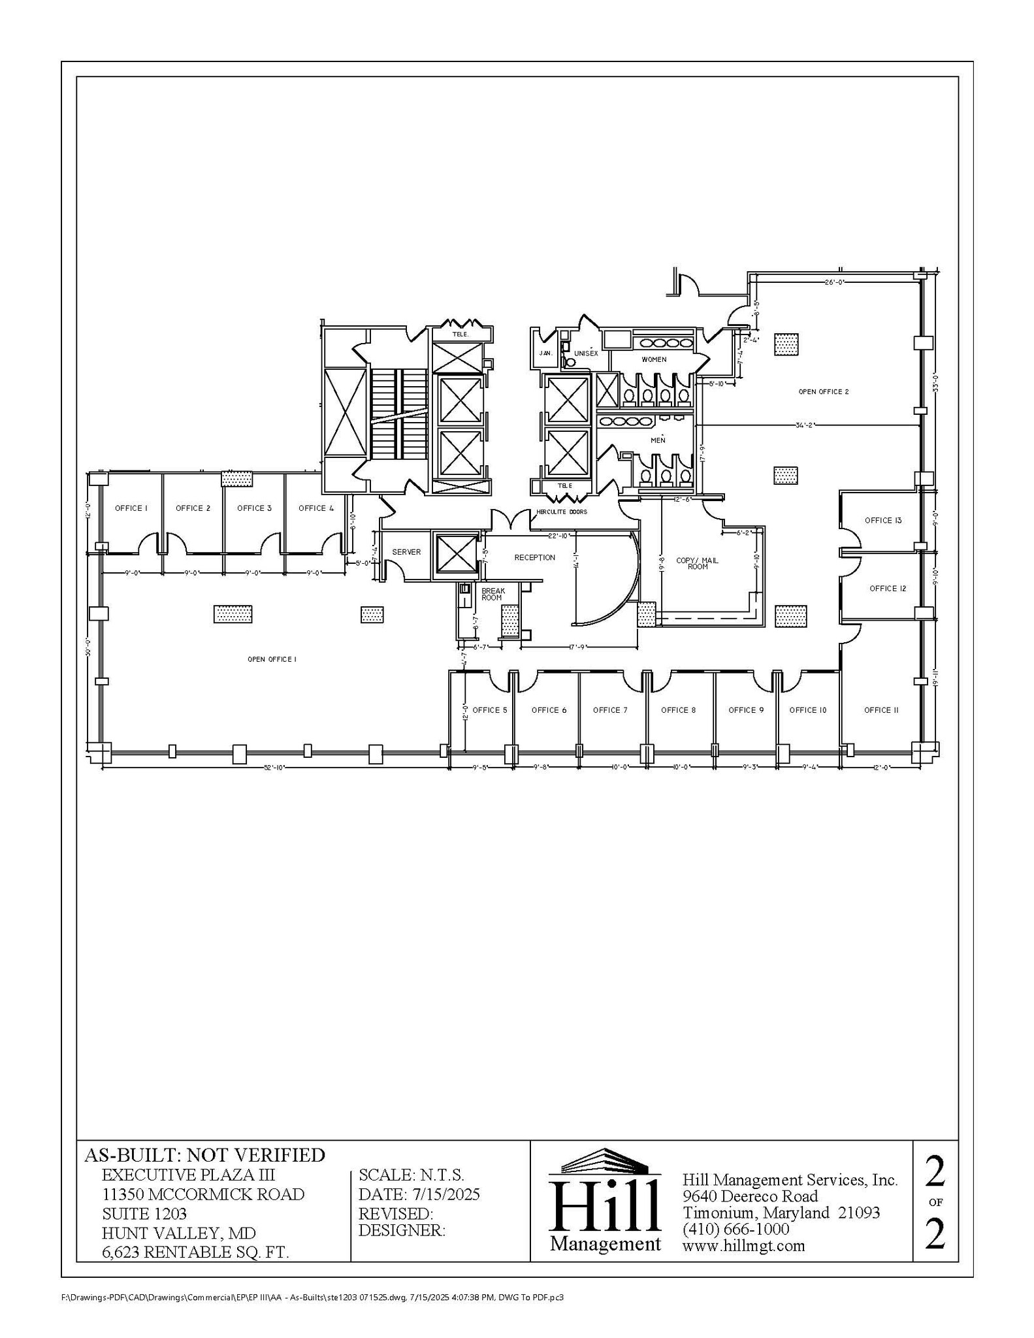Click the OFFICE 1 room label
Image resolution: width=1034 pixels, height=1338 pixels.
(131, 508)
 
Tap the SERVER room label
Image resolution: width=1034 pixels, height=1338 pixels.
(406, 552)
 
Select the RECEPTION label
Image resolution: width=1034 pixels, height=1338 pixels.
(534, 557)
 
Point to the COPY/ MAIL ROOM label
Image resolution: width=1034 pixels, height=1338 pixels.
(697, 563)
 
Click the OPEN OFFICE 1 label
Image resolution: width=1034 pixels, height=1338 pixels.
(272, 659)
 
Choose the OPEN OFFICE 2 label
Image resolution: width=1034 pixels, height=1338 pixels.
(823, 391)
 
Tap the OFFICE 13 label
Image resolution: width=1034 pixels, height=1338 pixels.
(882, 521)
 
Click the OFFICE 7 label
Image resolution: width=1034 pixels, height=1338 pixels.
(610, 710)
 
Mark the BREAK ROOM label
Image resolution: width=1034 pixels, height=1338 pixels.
(493, 594)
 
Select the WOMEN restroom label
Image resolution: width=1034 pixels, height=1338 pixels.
(654, 359)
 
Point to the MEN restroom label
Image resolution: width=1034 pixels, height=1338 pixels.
(658, 440)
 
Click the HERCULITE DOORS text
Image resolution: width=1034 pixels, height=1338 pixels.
(562, 512)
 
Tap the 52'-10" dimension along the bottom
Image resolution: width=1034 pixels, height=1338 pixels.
(274, 768)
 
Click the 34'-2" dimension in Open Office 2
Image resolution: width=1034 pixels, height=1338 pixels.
(806, 425)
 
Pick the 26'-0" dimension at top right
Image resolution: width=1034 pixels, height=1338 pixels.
(835, 282)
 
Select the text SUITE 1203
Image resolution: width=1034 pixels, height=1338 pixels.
(144, 1214)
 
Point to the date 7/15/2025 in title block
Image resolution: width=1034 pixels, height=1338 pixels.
(446, 1194)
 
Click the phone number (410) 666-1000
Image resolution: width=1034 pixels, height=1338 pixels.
(735, 1229)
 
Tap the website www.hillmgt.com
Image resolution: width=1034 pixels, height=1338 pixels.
(743, 1245)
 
